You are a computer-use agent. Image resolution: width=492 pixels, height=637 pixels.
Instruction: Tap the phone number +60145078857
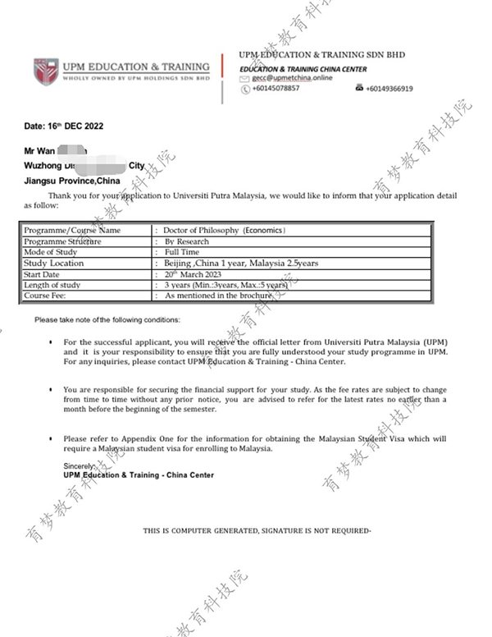pos(276,89)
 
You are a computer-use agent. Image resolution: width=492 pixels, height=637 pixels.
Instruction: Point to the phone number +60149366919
pos(389,89)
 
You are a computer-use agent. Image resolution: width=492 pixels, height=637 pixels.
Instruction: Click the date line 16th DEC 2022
pos(64,126)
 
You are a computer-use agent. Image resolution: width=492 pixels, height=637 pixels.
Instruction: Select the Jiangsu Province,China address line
pos(72,180)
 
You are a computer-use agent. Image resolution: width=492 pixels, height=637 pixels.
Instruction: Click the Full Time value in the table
pos(183,253)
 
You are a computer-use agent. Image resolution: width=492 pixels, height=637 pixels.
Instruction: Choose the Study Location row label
pos(54,264)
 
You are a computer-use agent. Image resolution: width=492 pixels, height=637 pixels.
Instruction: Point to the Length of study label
pos(52,285)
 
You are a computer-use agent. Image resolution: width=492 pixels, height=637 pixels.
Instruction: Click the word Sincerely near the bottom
pos(81,466)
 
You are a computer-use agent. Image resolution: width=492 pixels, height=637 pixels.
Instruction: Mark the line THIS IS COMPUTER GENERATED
pos(257,531)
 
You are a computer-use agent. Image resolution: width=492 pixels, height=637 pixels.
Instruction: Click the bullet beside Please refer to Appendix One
pos(52,439)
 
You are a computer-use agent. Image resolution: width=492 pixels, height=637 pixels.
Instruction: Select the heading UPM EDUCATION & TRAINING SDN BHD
pos(321,55)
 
